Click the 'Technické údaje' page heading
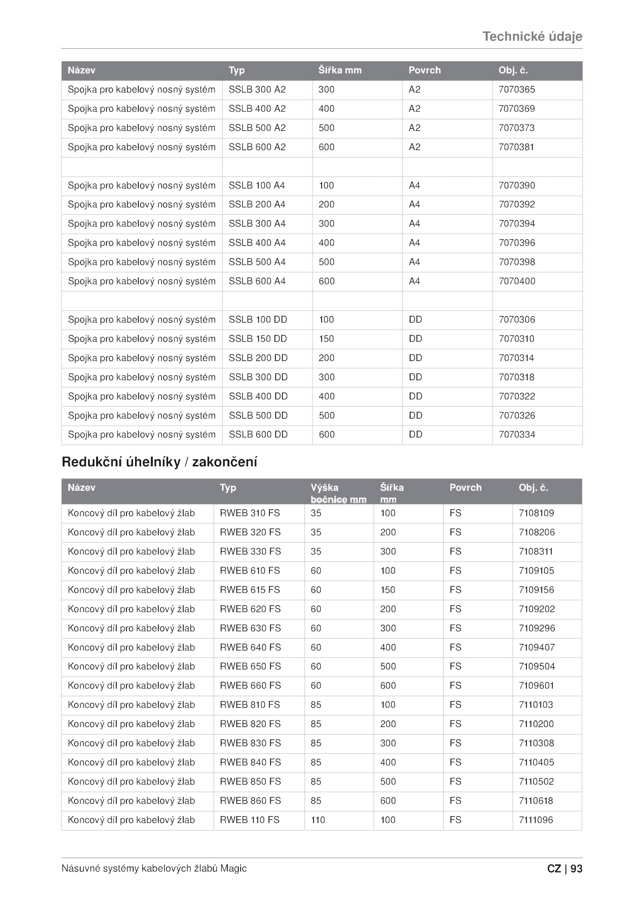(532, 37)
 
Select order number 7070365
(517, 89)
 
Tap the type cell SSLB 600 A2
(257, 147)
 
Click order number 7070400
(517, 281)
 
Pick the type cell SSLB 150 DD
(258, 339)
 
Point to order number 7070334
(517, 434)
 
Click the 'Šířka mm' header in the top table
(340, 70)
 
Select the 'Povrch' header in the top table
(424, 70)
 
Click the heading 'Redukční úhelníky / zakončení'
(159, 462)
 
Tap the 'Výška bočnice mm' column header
(338, 493)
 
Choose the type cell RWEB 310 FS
(250, 513)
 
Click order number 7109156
(536, 590)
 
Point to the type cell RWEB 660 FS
(250, 686)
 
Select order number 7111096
(536, 820)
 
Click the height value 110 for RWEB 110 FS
(318, 820)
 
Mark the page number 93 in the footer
(576, 869)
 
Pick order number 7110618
(536, 801)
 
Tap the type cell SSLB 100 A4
(256, 185)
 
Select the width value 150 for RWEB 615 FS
(388, 590)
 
